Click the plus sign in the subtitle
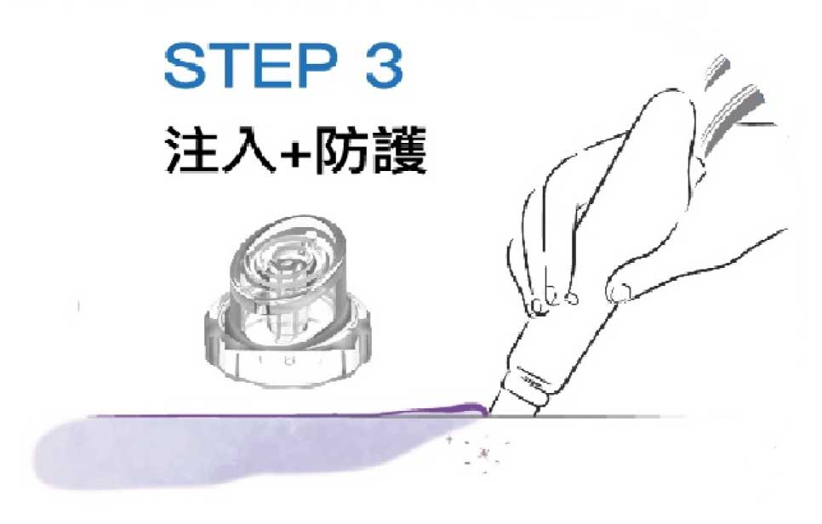(295, 153)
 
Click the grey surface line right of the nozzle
(638, 417)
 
